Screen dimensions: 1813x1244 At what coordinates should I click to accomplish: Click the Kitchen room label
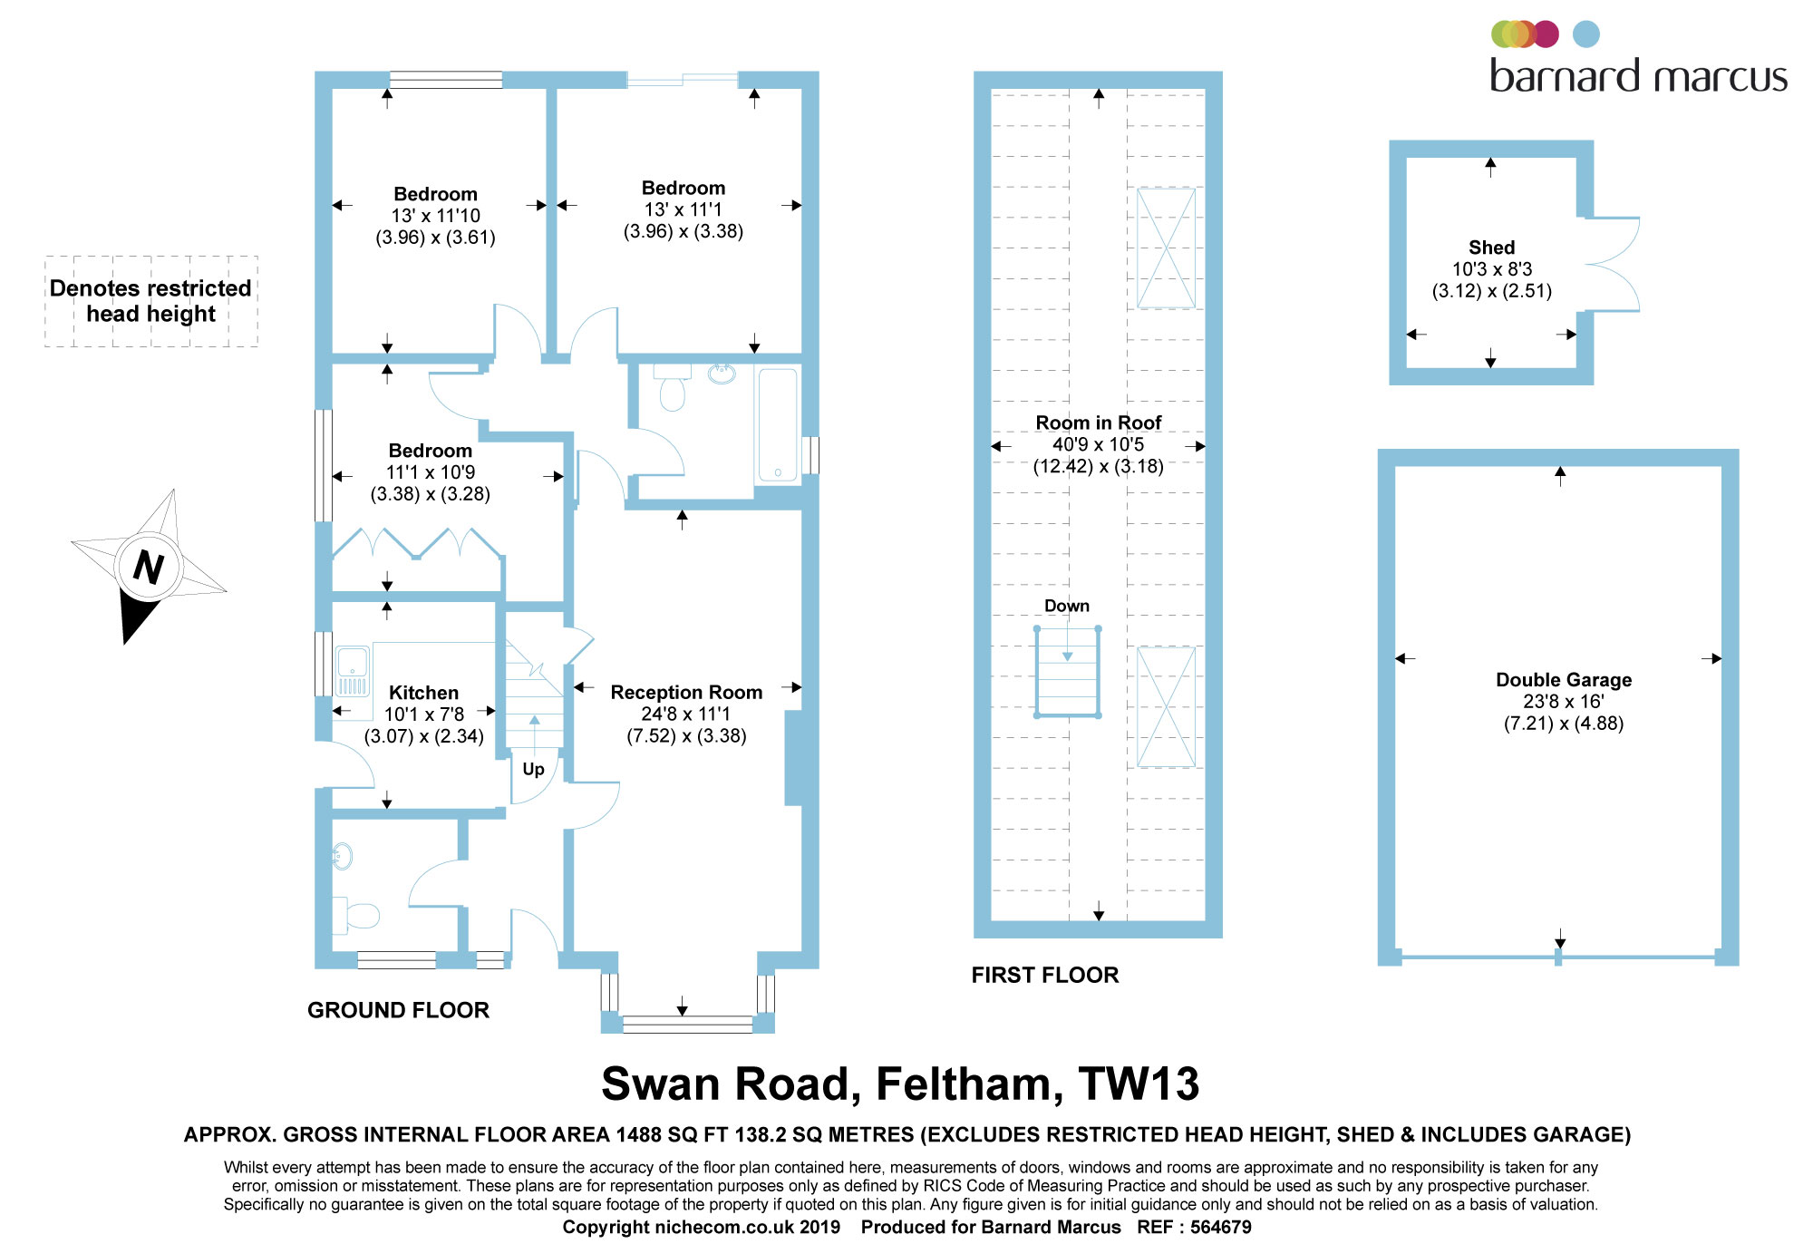click(x=423, y=693)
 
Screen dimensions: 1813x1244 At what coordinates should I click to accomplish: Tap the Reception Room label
click(x=686, y=693)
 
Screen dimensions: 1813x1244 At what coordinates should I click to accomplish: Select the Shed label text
click(x=1491, y=248)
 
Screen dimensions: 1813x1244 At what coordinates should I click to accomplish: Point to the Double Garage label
click(x=1564, y=680)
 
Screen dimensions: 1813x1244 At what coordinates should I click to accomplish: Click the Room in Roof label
click(x=1098, y=423)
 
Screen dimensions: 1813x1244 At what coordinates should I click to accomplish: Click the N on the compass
click(x=149, y=568)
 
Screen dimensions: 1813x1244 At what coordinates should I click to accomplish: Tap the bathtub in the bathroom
click(x=777, y=423)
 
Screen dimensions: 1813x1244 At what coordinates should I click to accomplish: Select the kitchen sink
click(x=353, y=661)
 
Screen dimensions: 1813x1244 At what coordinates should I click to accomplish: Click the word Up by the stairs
click(x=533, y=769)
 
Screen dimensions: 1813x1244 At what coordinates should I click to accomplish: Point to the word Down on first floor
click(x=1067, y=606)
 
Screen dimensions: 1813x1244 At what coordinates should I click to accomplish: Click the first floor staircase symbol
click(x=1067, y=673)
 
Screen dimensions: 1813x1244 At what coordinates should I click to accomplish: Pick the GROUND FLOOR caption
click(x=398, y=1010)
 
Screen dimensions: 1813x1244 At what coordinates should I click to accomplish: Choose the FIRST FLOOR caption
click(x=1045, y=975)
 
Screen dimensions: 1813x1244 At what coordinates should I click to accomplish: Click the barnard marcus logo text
click(x=1638, y=76)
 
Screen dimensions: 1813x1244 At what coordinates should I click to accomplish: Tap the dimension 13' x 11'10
click(x=435, y=216)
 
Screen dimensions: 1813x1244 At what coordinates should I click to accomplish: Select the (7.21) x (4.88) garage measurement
click(x=1564, y=724)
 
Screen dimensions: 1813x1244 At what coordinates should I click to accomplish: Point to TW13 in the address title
click(x=1139, y=1084)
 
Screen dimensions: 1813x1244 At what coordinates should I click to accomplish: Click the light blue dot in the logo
click(x=1585, y=34)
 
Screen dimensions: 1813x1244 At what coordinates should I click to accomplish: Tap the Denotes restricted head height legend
click(x=150, y=301)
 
